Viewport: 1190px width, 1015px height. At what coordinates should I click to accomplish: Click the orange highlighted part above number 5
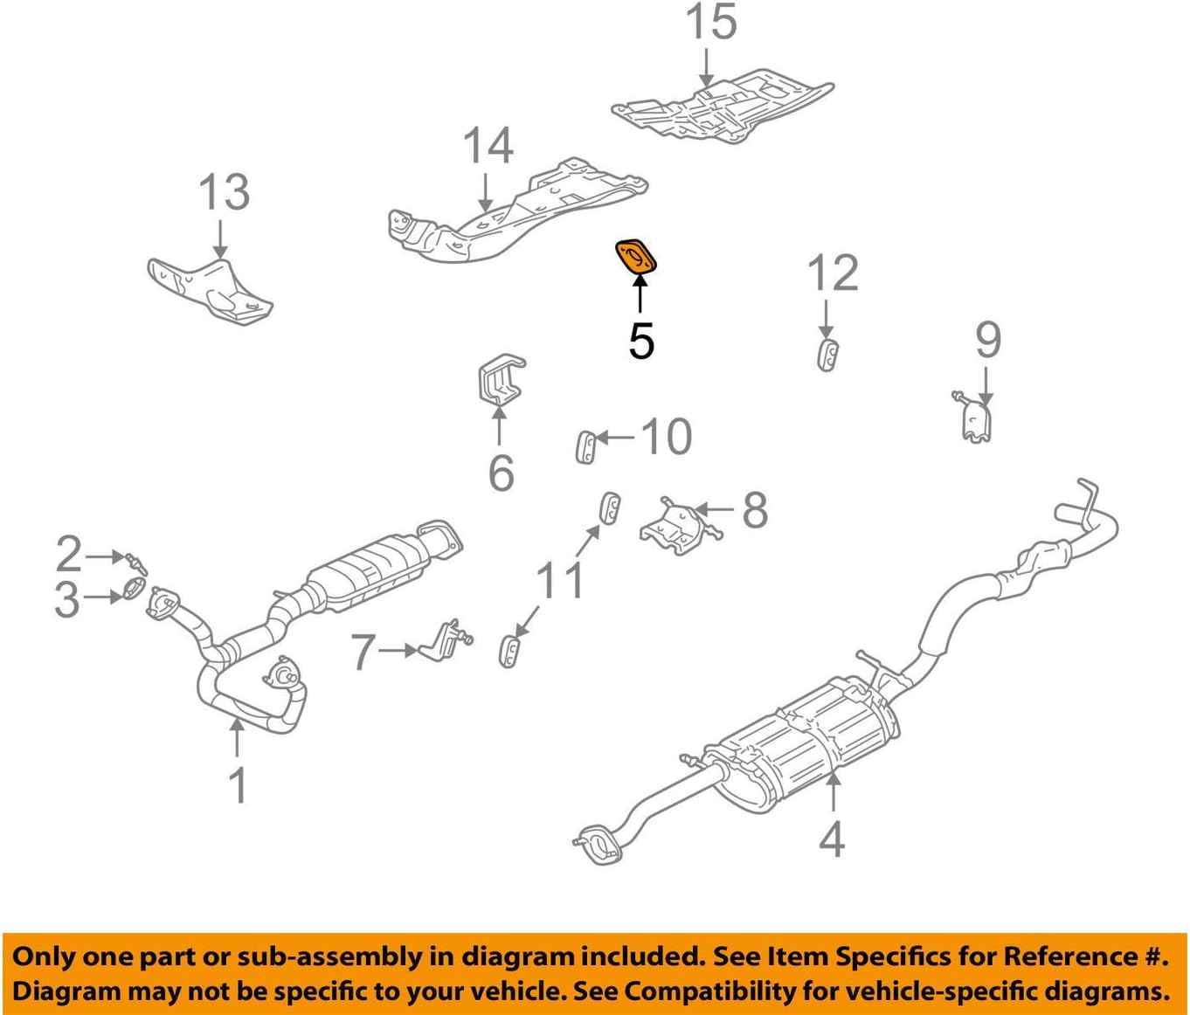click(636, 256)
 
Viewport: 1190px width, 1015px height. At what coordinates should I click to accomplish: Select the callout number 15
click(710, 24)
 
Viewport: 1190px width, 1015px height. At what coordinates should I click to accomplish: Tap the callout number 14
click(488, 146)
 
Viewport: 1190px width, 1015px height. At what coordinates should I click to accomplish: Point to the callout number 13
click(224, 192)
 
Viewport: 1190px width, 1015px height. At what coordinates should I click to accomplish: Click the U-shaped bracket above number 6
click(500, 381)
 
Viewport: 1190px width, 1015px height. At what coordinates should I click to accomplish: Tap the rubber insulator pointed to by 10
click(586, 446)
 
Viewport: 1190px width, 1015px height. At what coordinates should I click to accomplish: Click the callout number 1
click(238, 785)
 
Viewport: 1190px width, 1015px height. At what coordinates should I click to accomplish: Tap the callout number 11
click(560, 579)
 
